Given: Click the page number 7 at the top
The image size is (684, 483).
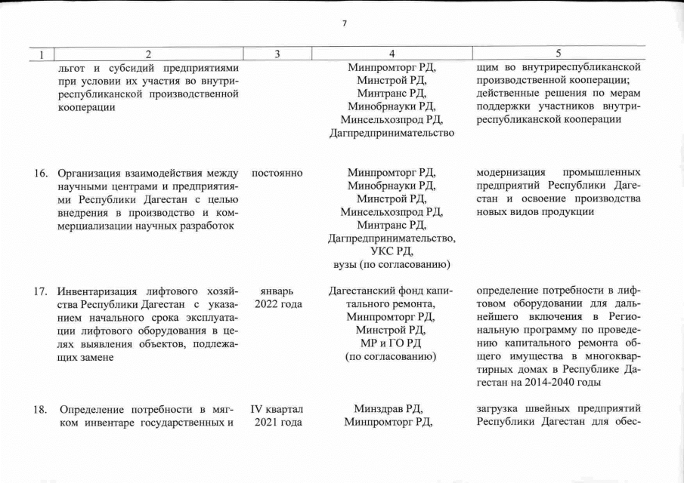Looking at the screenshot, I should click(x=344, y=23).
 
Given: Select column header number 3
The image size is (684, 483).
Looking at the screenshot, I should click(x=277, y=54).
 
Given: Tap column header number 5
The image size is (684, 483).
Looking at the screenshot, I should click(x=559, y=54).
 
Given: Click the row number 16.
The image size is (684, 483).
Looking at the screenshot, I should click(x=41, y=173).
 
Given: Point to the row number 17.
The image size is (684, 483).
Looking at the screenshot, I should click(x=41, y=291).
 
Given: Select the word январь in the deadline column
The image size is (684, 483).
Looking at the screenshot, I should click(x=277, y=291).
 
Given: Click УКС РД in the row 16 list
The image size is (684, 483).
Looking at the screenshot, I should click(x=392, y=251).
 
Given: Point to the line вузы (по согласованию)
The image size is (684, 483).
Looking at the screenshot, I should click(x=392, y=264).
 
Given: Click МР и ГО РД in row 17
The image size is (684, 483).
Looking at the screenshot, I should click(x=392, y=343).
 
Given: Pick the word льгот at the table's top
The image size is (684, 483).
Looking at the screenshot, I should click(x=73, y=68).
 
